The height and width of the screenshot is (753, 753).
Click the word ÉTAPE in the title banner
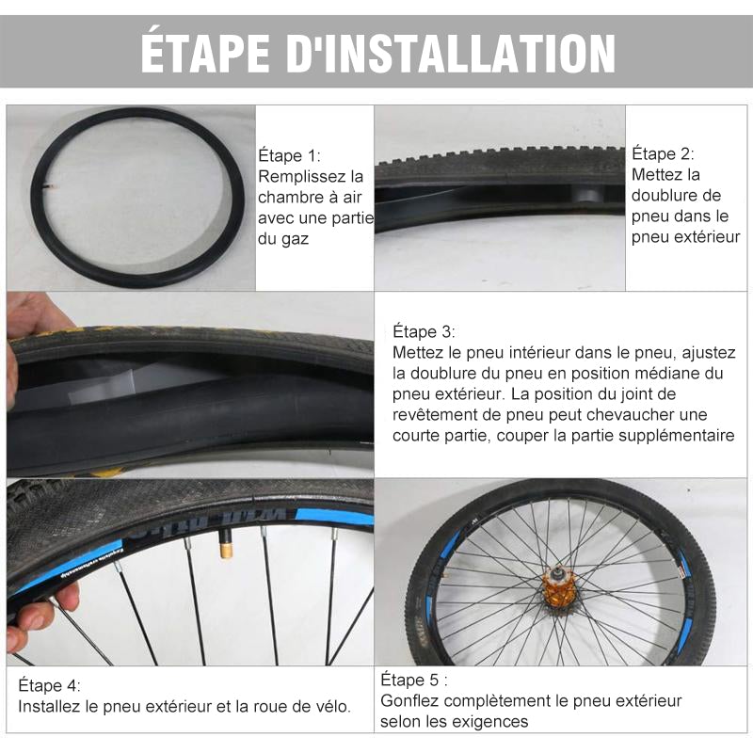pos(204,52)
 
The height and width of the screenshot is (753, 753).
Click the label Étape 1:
pos(289,156)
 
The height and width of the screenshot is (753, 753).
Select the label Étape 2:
pos(663,154)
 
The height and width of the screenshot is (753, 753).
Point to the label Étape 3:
pos(424,332)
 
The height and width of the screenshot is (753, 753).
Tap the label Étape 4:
pos(49,685)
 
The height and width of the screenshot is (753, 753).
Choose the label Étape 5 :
pos(414,680)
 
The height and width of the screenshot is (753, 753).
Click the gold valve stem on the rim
pos(225,542)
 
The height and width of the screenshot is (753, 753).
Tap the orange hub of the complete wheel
pos(559,586)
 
